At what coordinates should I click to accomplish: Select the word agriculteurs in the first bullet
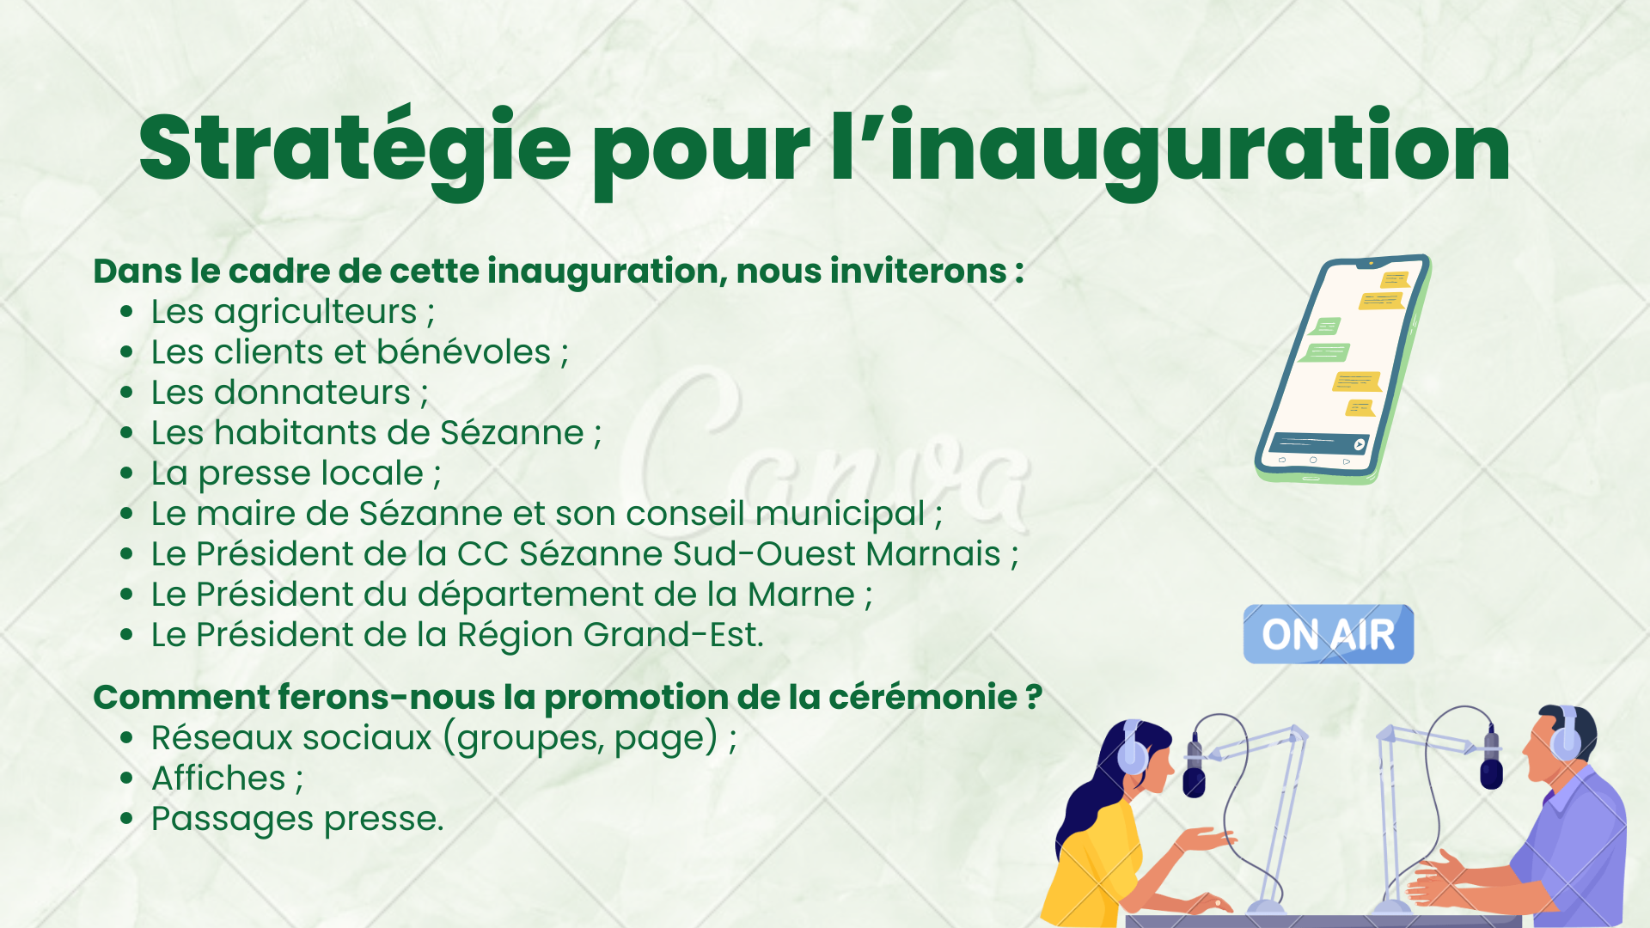[315, 313]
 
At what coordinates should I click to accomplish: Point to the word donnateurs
[312, 393]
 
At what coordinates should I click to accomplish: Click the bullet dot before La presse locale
[127, 473]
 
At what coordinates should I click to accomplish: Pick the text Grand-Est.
[673, 635]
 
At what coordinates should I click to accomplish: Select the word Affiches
[218, 778]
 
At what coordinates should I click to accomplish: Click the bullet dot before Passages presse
[127, 819]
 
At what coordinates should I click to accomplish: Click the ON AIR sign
[1328, 634]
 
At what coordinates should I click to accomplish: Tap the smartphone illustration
[1342, 369]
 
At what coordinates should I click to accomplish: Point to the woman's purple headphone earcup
[1132, 750]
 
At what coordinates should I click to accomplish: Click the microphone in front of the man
[1491, 757]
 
